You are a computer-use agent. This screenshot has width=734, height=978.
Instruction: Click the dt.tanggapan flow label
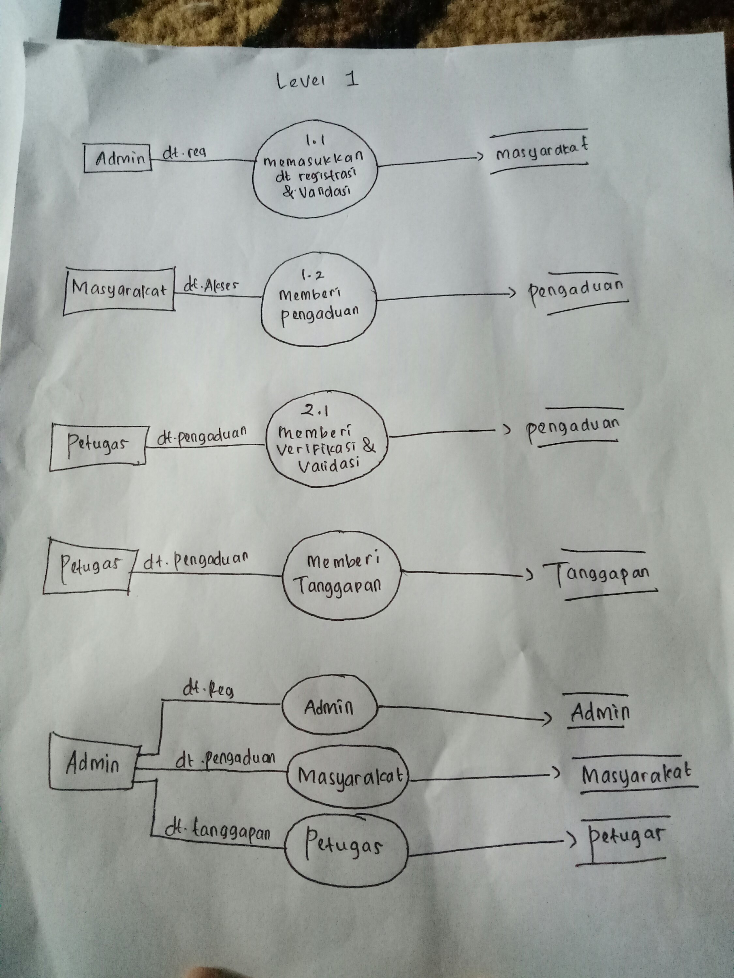217,832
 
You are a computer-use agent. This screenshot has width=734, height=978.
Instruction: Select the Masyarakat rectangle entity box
118,291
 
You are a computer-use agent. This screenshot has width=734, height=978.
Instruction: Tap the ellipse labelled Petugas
345,844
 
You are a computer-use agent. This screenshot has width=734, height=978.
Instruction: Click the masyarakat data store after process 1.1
541,152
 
